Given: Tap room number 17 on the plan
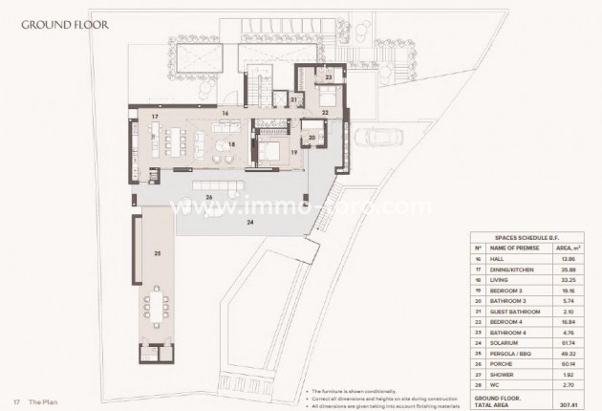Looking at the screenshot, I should click(x=153, y=117).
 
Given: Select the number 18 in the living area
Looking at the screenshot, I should click(x=204, y=144).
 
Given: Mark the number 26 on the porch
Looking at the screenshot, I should click(x=208, y=198).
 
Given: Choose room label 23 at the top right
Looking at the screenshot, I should click(x=328, y=76).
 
